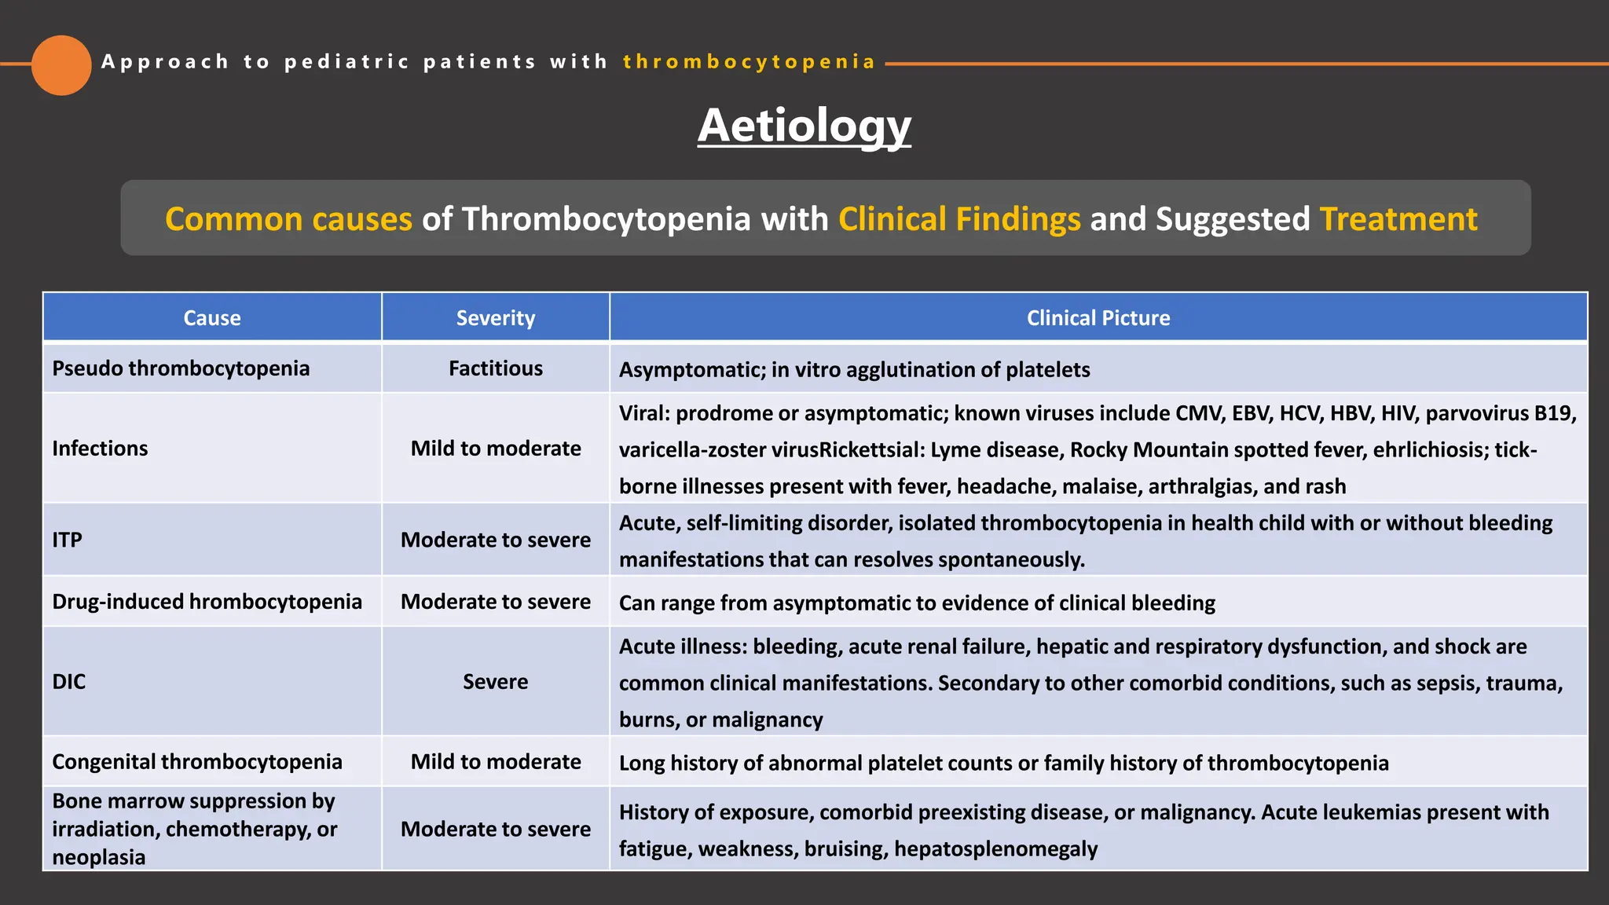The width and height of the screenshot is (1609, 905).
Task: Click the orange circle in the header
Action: tap(61, 65)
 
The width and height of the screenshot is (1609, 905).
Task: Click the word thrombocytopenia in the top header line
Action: tap(749, 62)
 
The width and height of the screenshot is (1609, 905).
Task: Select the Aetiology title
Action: tap(804, 126)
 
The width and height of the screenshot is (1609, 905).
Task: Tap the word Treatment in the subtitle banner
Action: tap(1398, 219)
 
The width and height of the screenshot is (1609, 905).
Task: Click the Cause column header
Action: tap(212, 318)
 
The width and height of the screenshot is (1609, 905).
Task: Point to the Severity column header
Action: tap(496, 318)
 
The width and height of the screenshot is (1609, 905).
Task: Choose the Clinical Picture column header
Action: tap(1098, 318)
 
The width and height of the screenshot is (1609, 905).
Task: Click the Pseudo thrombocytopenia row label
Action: tap(181, 368)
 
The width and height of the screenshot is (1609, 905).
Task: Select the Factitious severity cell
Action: tap(496, 368)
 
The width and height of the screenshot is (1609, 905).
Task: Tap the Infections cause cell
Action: tap(100, 449)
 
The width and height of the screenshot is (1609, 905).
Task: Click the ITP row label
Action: tap(67, 540)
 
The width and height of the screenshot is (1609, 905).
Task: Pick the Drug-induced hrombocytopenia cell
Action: tap(207, 602)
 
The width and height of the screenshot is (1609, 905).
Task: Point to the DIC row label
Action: tap(69, 682)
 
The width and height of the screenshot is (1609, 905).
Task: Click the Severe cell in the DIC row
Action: tap(496, 682)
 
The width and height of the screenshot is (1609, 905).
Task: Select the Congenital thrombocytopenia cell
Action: tap(197, 762)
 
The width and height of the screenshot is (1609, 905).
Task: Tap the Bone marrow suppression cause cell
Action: tap(194, 829)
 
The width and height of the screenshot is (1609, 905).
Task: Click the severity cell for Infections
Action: tap(496, 449)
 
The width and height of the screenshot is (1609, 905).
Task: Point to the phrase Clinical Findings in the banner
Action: tap(959, 219)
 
